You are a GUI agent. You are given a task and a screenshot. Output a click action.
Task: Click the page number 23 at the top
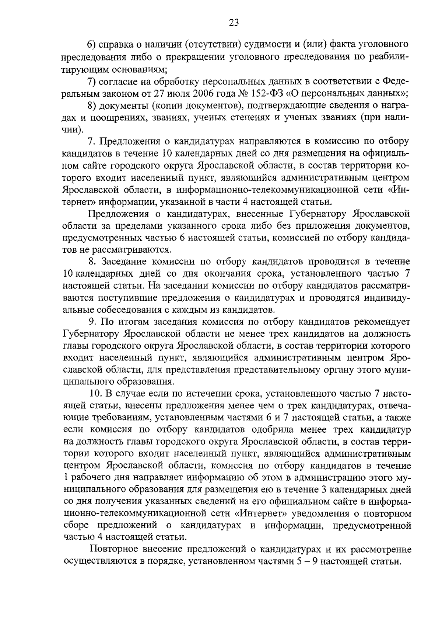point(234,23)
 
